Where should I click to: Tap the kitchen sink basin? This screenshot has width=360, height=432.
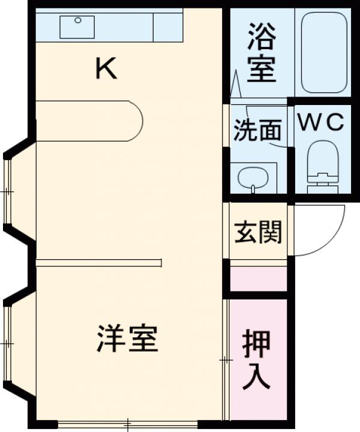click(x=77, y=26)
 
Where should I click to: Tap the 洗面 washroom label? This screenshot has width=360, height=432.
click(x=257, y=130)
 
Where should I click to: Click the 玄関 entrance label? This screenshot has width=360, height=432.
click(x=258, y=232)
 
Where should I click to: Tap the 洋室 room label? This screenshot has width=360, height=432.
click(x=128, y=339)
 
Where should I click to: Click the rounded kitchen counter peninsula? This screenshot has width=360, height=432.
click(x=90, y=121)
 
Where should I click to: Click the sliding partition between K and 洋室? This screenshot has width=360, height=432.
click(x=99, y=262)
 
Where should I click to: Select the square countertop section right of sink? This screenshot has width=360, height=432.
click(x=167, y=27)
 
